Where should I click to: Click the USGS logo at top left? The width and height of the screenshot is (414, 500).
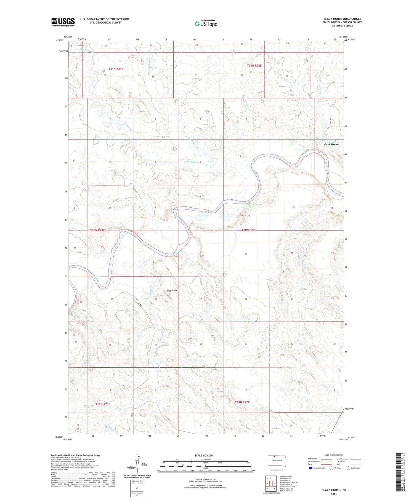[x=63, y=22]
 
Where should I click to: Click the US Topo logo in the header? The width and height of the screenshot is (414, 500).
[x=206, y=24]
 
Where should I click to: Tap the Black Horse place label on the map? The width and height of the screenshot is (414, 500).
[x=331, y=145]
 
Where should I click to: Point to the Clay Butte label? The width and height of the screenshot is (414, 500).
[x=172, y=290]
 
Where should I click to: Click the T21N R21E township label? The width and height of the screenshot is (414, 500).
[x=116, y=69]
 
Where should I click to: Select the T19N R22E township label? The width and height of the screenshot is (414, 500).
[x=242, y=402]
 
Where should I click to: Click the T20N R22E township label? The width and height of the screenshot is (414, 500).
[x=249, y=230]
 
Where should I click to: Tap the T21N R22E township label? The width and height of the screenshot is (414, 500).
[x=254, y=66]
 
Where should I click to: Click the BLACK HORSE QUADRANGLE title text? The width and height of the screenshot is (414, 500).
[x=342, y=19]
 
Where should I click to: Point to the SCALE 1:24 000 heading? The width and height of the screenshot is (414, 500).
[x=205, y=455]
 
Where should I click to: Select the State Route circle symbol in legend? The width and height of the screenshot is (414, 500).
[x=348, y=468]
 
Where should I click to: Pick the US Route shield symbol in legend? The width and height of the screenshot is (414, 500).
[x=331, y=468]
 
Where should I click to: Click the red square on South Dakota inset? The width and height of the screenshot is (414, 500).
[x=274, y=456]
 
